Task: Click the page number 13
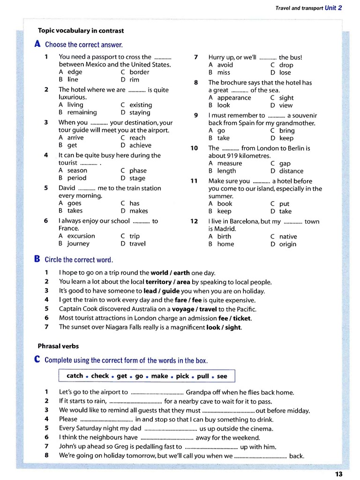click(339, 474)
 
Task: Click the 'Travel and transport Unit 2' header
click(308, 8)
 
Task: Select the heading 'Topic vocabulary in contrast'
click(81, 30)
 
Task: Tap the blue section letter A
click(37, 44)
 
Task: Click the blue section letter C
click(37, 360)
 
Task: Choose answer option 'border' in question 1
click(139, 72)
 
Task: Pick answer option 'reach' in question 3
click(137, 138)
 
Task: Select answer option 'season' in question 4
click(77, 171)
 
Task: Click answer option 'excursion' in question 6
click(81, 236)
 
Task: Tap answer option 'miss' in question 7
click(224, 73)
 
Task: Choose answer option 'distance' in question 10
click(291, 171)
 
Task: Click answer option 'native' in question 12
click(288, 237)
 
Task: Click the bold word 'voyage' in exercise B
click(183, 309)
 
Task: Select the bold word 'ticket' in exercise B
click(242, 318)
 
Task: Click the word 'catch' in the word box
click(75, 376)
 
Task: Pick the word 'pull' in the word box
click(203, 376)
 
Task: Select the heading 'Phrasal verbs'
click(58, 346)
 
